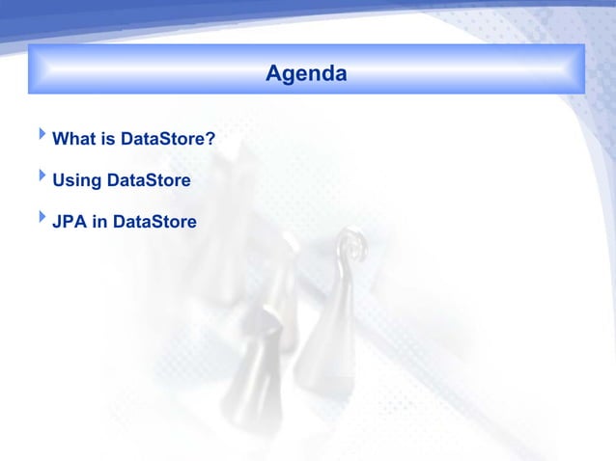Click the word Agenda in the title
pos(306,73)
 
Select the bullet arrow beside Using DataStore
pos(42,177)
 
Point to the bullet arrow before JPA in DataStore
pos(42,219)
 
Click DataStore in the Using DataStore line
pos(149,181)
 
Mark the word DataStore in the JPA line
pos(154,223)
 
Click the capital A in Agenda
pos(273,73)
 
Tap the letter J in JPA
pos(56,223)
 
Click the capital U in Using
pos(58,181)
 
